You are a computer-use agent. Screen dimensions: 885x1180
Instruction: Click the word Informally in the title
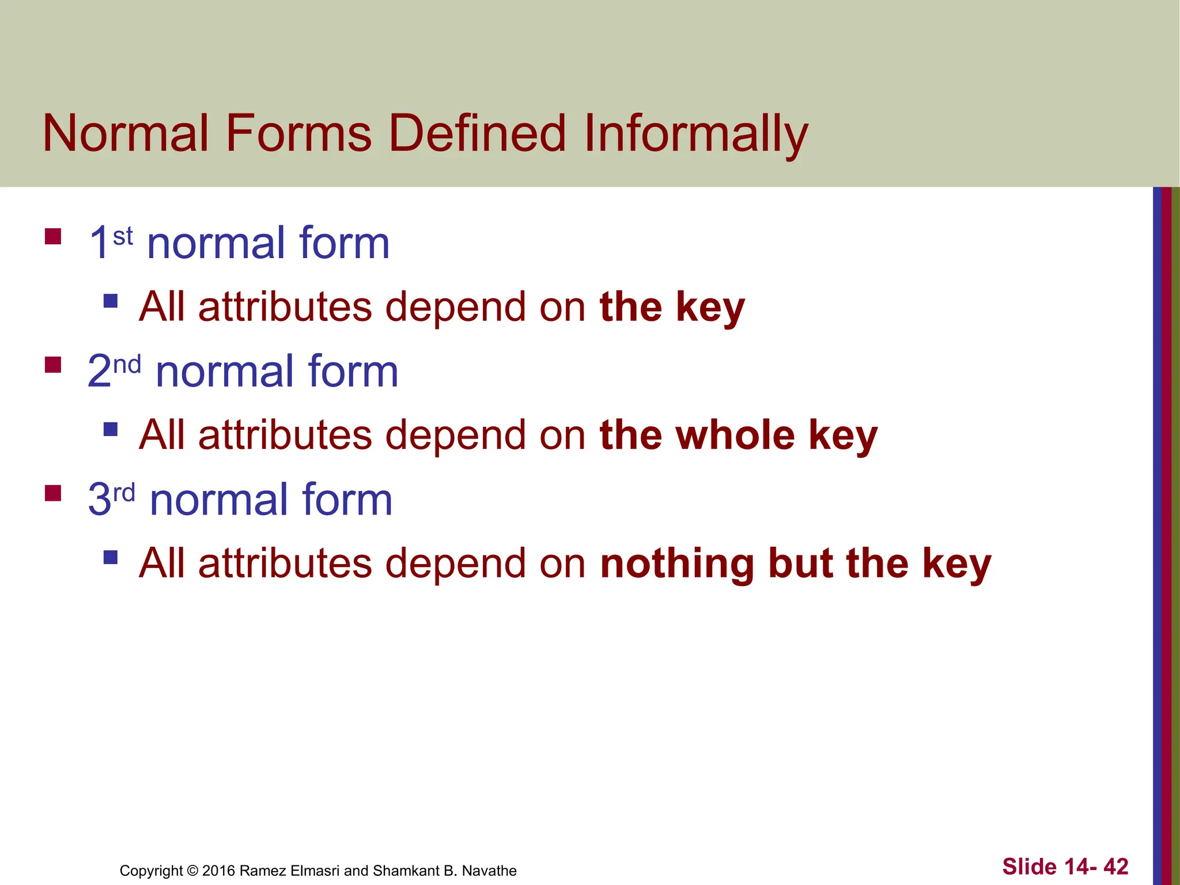point(695,134)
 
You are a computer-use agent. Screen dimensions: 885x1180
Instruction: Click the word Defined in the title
point(478,134)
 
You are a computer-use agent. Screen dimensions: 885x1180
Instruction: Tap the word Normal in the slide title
point(126,134)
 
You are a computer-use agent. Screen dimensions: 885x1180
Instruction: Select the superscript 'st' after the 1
point(123,236)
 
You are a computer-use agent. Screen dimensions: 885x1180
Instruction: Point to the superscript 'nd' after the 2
point(127,365)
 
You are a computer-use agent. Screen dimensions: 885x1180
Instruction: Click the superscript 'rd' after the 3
point(124,493)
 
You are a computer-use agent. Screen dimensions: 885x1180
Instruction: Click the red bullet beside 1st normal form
point(53,237)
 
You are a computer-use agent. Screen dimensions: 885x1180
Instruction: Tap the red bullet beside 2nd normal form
point(53,365)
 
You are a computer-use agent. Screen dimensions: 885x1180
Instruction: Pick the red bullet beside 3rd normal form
point(53,493)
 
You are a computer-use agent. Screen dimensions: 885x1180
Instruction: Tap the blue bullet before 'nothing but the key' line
point(111,557)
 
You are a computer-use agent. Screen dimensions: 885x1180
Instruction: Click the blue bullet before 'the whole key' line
point(111,429)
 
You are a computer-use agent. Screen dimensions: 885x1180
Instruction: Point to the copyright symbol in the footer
point(192,871)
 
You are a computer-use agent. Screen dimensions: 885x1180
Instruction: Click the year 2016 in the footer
point(218,871)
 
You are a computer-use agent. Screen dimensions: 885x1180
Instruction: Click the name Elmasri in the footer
point(315,871)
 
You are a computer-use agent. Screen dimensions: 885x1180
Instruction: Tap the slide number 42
point(1115,867)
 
